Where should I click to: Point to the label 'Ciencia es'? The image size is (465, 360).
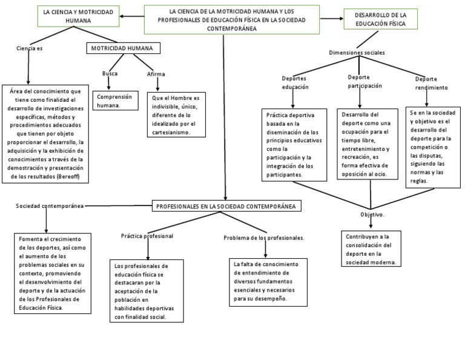pos(30,48)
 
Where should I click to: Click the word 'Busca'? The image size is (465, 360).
pos(110,73)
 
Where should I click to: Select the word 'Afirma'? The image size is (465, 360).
pos(156,74)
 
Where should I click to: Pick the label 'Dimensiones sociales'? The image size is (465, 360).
pos(357,53)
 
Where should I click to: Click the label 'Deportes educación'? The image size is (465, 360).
pos(295,82)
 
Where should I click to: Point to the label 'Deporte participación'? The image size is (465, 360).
pos(364,81)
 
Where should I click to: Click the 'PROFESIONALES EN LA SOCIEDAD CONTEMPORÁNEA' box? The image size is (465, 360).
pos(226,206)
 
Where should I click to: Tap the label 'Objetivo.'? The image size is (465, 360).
pos(372,215)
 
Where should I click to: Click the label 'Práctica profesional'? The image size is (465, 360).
pos(147,235)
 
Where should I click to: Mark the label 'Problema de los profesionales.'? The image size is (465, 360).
pos(263,238)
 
